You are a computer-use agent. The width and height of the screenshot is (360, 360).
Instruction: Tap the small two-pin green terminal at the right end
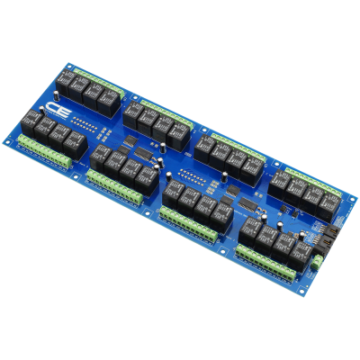(x=318, y=260)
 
